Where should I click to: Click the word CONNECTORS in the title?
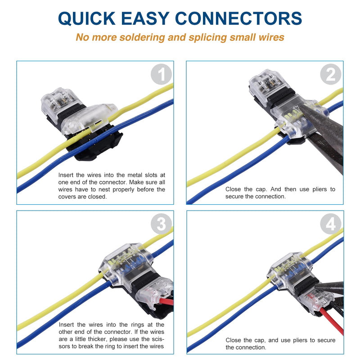click(x=238, y=18)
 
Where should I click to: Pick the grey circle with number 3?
click(x=162, y=224)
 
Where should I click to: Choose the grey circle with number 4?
click(x=331, y=224)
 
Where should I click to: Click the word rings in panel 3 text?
click(x=128, y=324)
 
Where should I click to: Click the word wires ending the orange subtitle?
click(x=271, y=37)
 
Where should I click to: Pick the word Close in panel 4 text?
click(x=234, y=340)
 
